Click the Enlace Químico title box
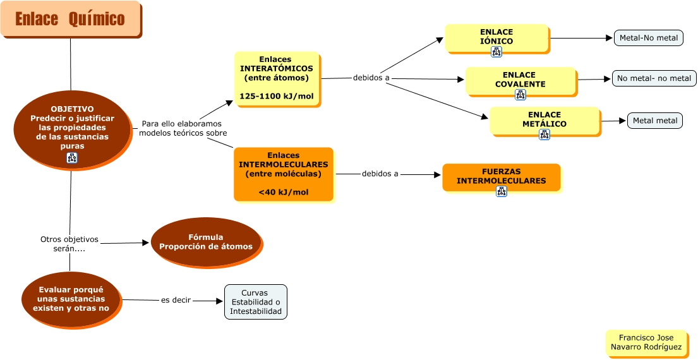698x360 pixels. (x=70, y=19)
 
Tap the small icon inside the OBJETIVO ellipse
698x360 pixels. (x=72, y=159)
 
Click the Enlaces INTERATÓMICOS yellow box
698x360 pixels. (x=277, y=78)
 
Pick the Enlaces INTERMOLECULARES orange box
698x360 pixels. (x=283, y=174)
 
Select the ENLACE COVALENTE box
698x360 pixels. (x=520, y=80)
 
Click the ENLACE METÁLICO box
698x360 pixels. (x=545, y=121)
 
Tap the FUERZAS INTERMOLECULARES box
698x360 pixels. (x=501, y=177)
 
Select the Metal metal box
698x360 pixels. (x=654, y=121)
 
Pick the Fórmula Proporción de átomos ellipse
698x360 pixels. (x=206, y=242)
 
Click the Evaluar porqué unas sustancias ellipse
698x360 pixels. (x=71, y=299)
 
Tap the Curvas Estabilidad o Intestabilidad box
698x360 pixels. (x=255, y=302)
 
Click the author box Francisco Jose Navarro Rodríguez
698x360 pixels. (x=646, y=343)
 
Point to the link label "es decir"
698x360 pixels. (x=176, y=301)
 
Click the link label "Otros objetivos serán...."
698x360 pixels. (x=69, y=244)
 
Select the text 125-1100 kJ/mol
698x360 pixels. (x=277, y=97)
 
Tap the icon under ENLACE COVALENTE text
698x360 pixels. (x=520, y=95)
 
